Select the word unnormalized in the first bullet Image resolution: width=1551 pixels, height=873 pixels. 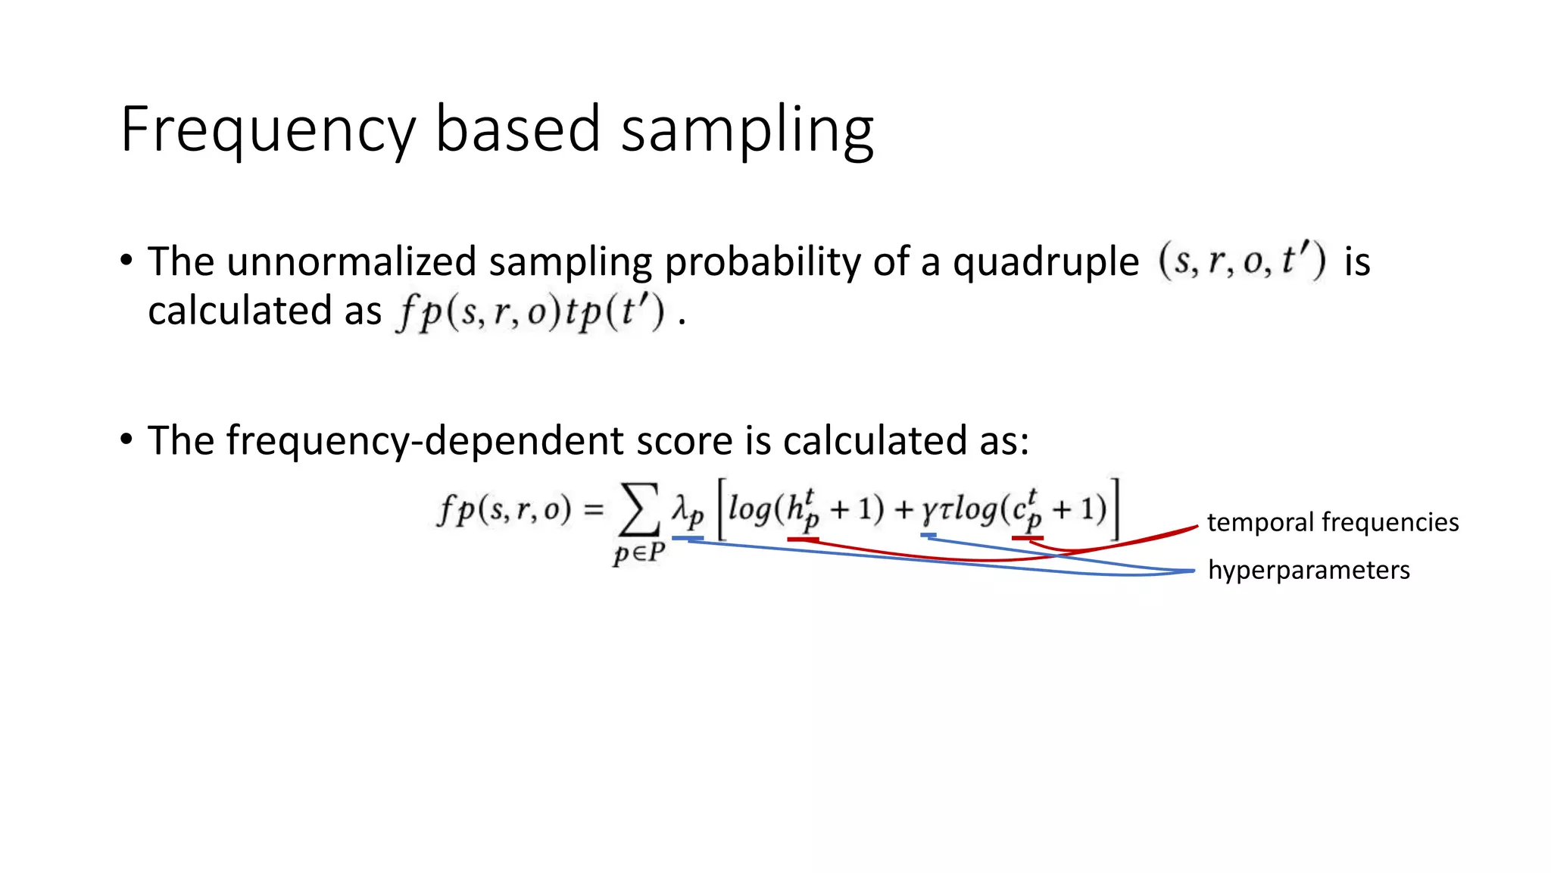(351, 261)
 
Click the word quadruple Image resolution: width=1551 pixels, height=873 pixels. (1045, 261)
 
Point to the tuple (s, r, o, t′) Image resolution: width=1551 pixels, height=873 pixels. (1242, 261)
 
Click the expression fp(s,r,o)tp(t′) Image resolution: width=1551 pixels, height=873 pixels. (530, 311)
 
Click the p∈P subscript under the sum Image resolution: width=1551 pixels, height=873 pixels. (638, 552)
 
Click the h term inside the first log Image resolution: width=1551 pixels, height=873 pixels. (801, 509)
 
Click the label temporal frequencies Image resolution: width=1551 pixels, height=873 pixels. (1332, 522)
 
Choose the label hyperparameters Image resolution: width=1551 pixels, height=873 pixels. (1308, 570)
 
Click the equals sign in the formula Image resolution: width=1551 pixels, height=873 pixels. (594, 509)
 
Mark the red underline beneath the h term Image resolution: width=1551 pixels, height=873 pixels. (803, 539)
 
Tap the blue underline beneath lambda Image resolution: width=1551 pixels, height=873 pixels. (688, 538)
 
